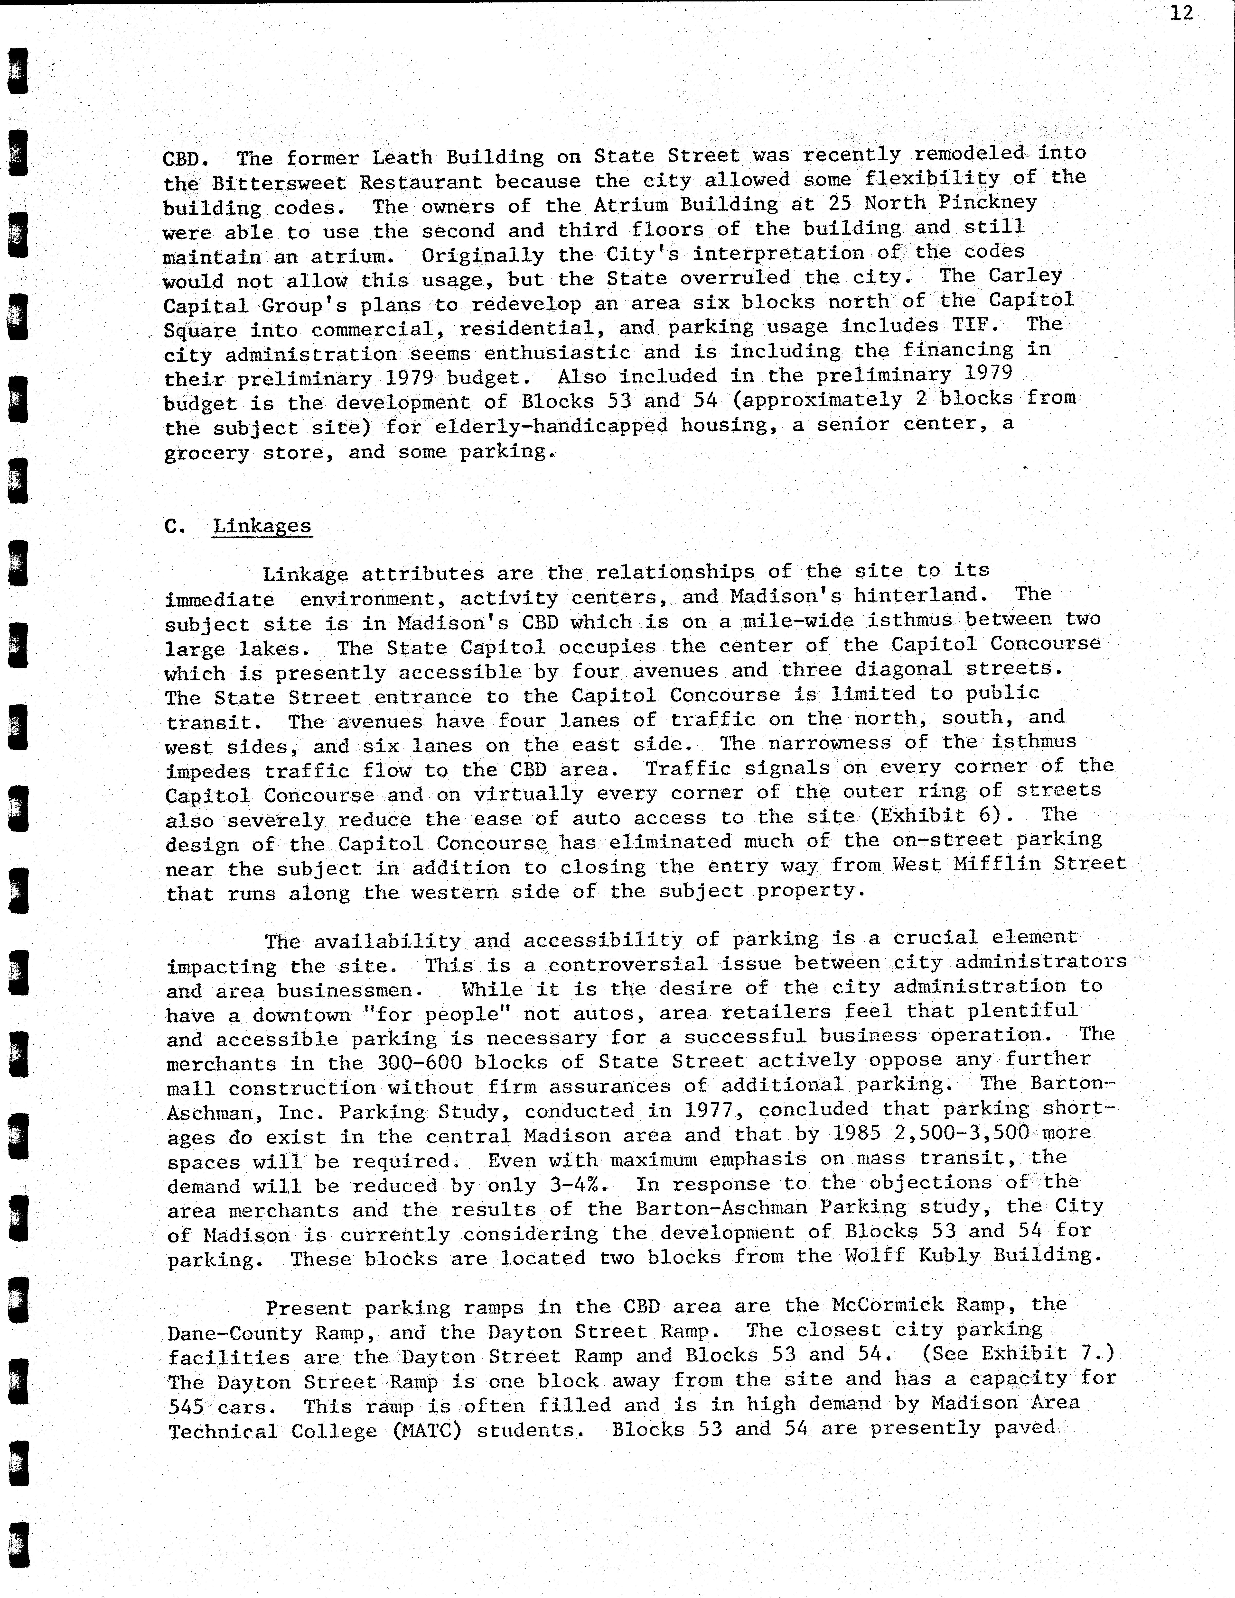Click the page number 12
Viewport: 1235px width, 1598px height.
click(1181, 13)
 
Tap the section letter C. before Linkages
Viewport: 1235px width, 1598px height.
click(175, 526)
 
